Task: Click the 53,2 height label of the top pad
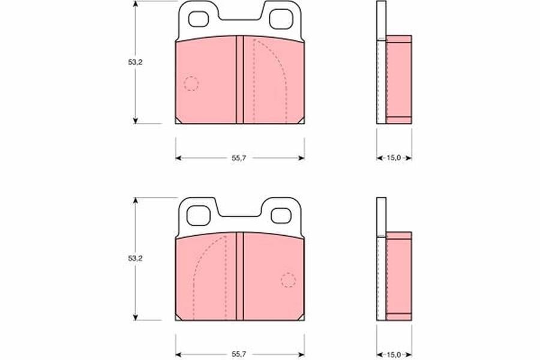point(136,62)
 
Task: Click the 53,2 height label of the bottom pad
point(136,259)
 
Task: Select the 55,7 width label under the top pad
point(239,158)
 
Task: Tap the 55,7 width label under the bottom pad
point(239,354)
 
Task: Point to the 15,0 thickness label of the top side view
point(394,158)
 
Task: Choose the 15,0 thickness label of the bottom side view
point(394,354)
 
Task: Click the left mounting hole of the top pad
point(199,19)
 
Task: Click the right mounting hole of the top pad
point(281,19)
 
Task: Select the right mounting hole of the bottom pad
point(281,215)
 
